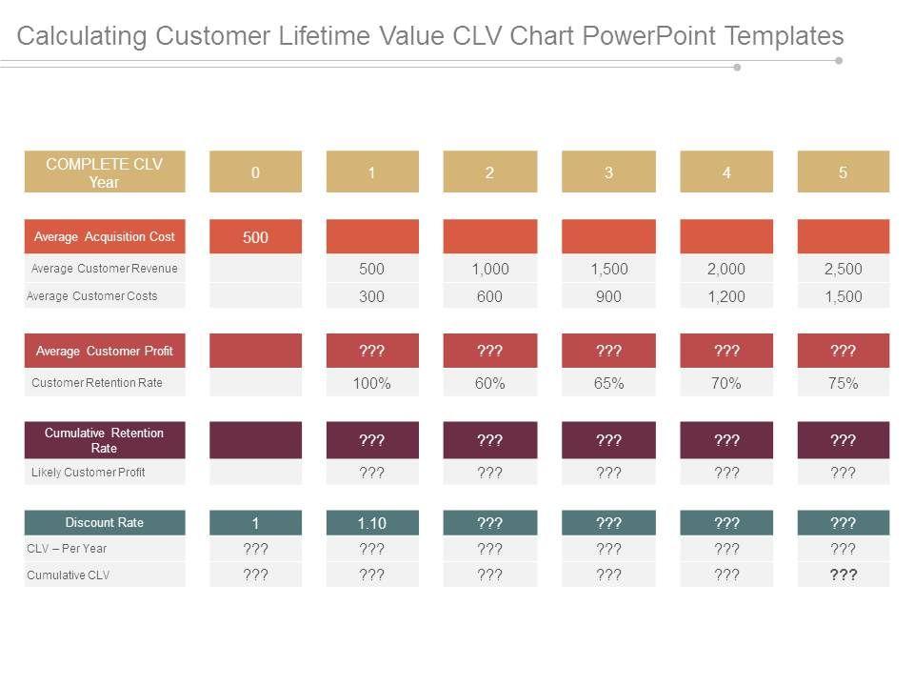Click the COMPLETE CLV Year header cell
point(105,172)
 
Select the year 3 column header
point(608,172)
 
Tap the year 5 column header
point(843,172)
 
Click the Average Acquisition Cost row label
point(105,236)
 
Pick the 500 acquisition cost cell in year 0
point(255,237)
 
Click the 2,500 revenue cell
point(843,270)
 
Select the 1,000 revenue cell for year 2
point(489,270)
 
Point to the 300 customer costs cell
point(372,296)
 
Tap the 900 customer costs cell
point(608,296)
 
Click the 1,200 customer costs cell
point(726,296)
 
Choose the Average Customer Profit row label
point(105,351)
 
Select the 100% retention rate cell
point(372,384)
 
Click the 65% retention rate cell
point(608,384)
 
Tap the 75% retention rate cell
point(843,384)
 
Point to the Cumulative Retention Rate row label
point(105,440)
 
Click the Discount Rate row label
point(105,522)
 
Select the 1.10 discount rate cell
point(372,522)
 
